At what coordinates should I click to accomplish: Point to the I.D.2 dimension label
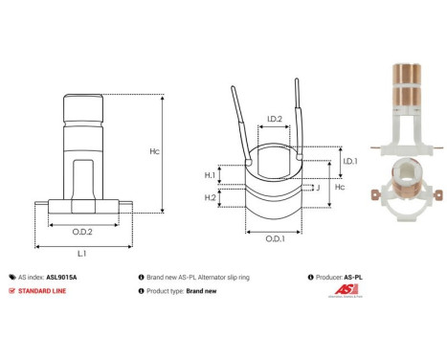(274, 119)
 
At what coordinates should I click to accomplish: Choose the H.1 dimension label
(211, 175)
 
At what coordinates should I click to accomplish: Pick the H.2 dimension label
(211, 197)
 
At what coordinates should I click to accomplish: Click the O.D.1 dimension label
(274, 237)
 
